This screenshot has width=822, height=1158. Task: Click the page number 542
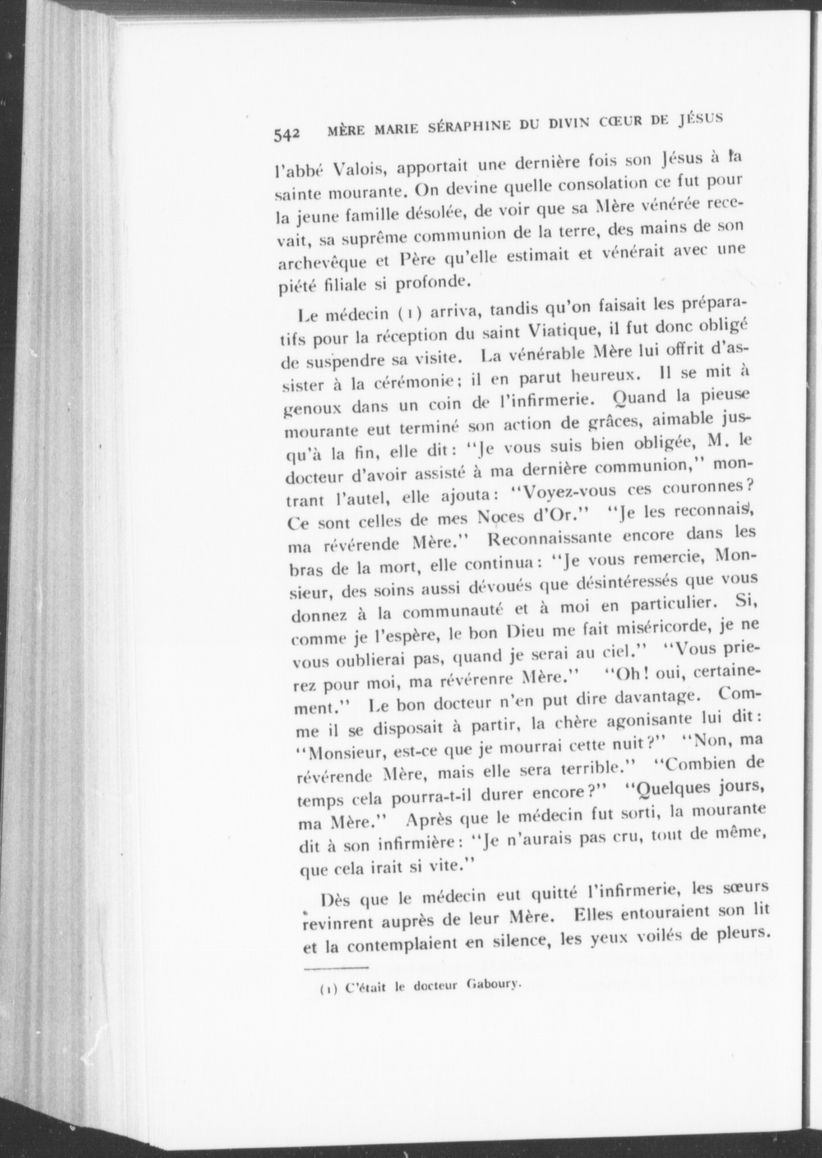pyautogui.click(x=286, y=134)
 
